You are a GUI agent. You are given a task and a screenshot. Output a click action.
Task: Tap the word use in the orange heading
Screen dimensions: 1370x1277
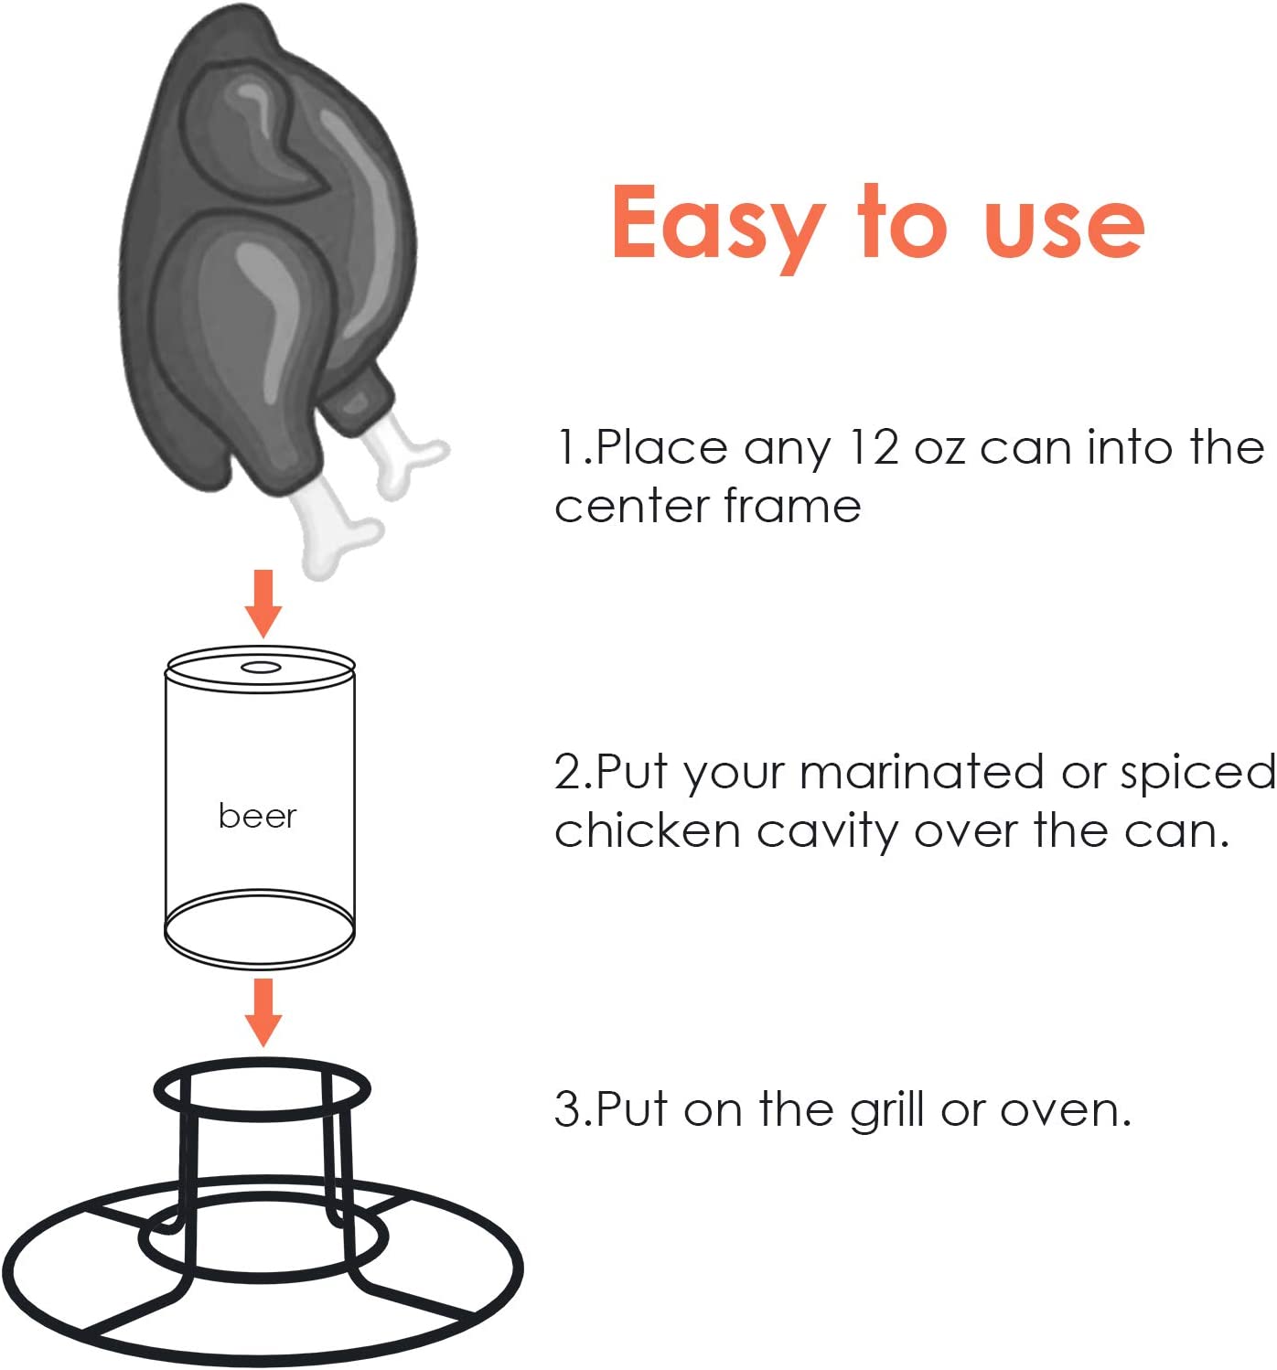pos(1063,226)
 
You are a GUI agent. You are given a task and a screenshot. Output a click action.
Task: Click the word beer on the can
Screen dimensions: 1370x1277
pos(257,815)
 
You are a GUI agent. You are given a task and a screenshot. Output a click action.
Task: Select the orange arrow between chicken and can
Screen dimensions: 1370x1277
pos(263,603)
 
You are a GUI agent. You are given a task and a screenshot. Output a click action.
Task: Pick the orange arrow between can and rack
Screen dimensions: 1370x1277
pos(263,1011)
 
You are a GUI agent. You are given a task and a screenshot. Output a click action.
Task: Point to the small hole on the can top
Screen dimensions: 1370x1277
pos(261,667)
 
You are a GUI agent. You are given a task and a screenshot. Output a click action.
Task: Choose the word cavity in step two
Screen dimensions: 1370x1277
pos(828,832)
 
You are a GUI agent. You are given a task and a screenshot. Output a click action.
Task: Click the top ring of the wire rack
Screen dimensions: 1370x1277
pos(262,1090)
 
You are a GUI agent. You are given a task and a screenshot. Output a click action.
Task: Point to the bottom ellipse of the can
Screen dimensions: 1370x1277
pos(260,929)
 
